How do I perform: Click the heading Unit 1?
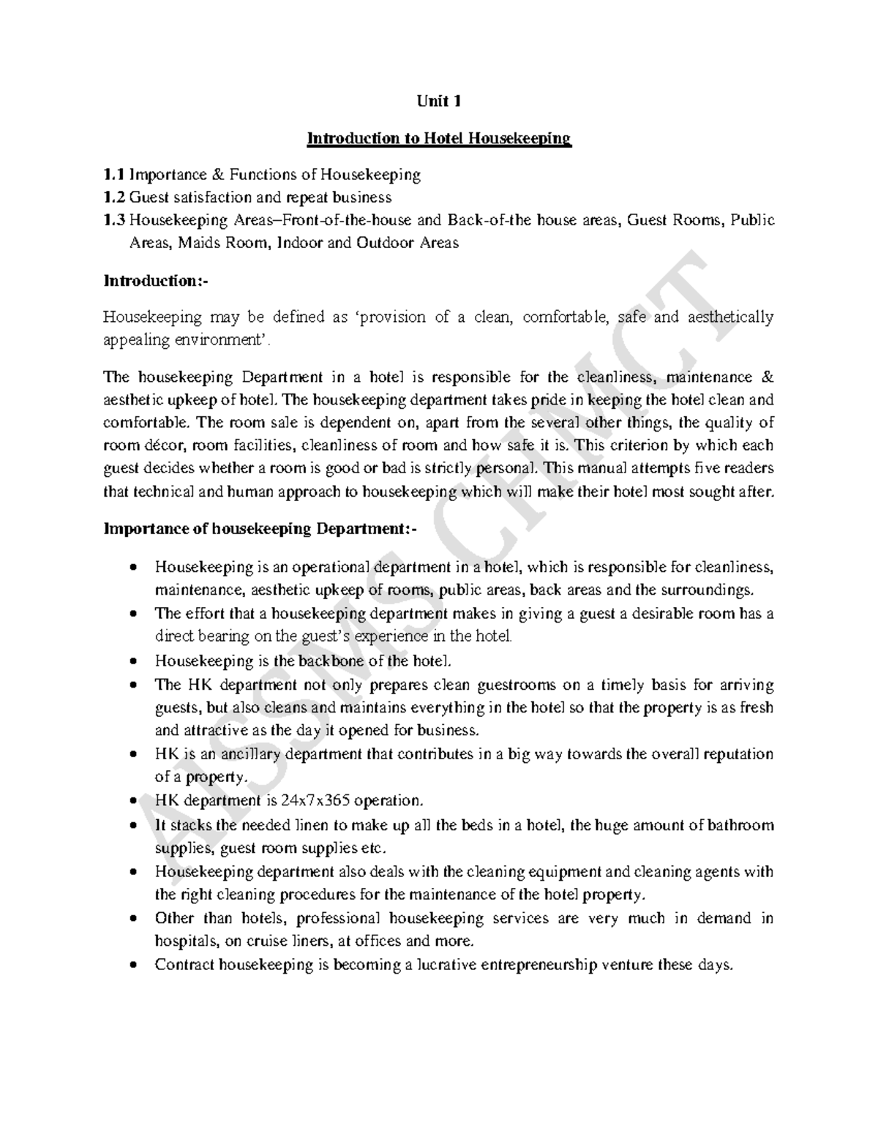tap(438, 102)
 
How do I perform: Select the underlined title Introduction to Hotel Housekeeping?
tap(438, 138)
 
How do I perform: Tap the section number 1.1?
tap(114, 175)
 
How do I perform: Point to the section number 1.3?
tap(114, 220)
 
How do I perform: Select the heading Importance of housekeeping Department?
tap(260, 529)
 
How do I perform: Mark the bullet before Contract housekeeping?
tap(132, 966)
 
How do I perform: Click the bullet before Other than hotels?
tap(132, 919)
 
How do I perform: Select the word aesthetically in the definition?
tap(727, 317)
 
